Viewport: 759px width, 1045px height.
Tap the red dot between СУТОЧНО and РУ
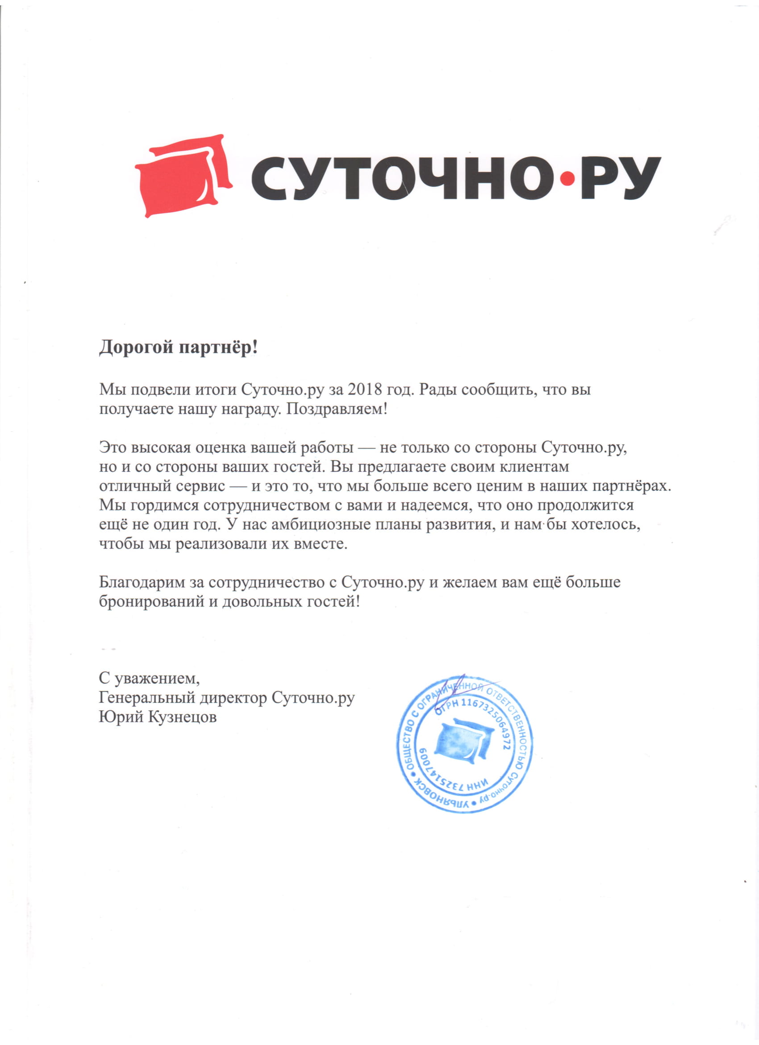(569, 178)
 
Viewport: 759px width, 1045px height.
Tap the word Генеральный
(147, 698)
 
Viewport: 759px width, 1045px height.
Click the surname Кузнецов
(182, 718)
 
